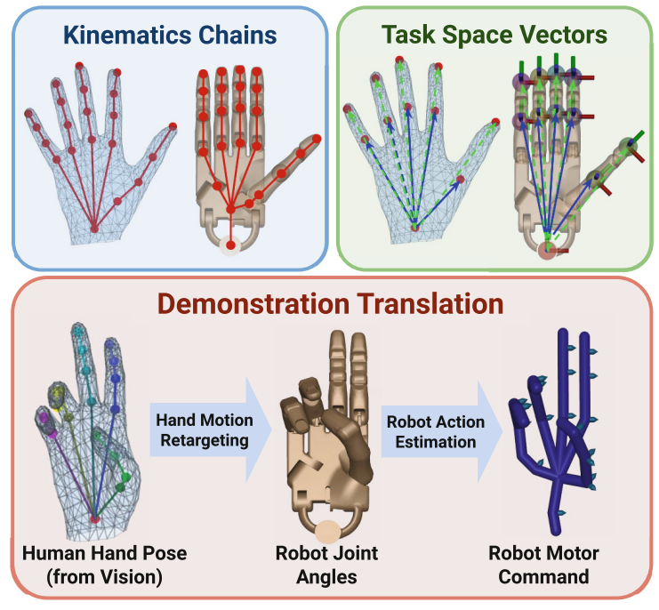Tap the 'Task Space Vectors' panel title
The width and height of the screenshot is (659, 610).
[x=494, y=36]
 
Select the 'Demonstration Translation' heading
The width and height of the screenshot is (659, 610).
[x=329, y=304]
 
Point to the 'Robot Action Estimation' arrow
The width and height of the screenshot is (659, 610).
[x=433, y=430]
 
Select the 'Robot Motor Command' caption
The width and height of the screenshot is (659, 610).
[x=543, y=564]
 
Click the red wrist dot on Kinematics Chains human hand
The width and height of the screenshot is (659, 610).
[x=95, y=229]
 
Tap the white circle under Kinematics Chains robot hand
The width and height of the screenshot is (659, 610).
[x=231, y=245]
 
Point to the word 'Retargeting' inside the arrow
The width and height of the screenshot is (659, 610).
[x=204, y=441]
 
